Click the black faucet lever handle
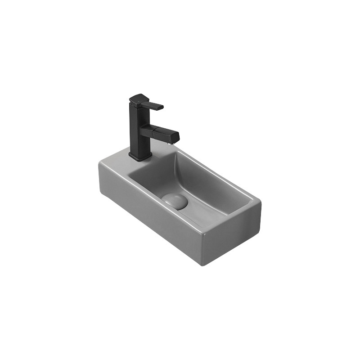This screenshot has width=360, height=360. pyautogui.click(x=154, y=106)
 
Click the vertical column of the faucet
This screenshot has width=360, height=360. pyautogui.click(x=138, y=130)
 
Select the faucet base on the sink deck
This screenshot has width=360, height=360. pyautogui.click(x=140, y=156)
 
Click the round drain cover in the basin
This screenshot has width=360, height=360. pyautogui.click(x=175, y=201)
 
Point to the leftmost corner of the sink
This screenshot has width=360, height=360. pyautogui.click(x=99, y=164)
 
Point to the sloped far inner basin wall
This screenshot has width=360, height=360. pyautogui.click(x=211, y=180)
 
